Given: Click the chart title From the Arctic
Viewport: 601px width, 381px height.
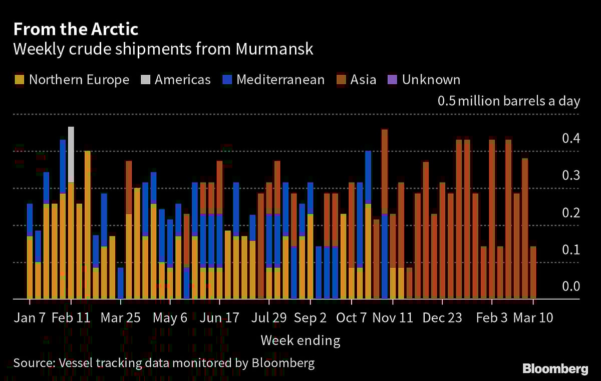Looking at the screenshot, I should coord(76,29).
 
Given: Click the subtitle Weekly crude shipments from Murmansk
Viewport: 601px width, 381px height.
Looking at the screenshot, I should coord(163,49).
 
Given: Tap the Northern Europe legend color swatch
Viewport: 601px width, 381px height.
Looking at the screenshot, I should coord(19,79).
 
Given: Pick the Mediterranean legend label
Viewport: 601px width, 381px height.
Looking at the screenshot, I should coord(280,79).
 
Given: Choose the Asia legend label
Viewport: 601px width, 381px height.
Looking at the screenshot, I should coord(364,79).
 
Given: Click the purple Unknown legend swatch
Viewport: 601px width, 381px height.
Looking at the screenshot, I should coord(392,79).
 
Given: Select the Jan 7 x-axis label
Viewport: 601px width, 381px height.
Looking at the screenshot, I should coord(30,318).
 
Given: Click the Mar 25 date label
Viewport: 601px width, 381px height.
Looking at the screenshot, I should coord(120,318).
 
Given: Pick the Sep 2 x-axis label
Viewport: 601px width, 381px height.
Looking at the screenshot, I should coord(310,318).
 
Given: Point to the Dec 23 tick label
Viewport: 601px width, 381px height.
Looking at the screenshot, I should coord(442,318).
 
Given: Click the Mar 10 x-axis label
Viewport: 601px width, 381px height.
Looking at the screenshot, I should coord(533,318).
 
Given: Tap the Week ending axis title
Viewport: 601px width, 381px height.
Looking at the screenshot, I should coord(300,341).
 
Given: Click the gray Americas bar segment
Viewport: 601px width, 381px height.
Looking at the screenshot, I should coord(71,154).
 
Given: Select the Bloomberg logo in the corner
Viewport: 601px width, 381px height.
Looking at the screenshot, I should coord(555,369).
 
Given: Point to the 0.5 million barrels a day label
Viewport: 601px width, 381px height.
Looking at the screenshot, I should coord(509,101).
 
